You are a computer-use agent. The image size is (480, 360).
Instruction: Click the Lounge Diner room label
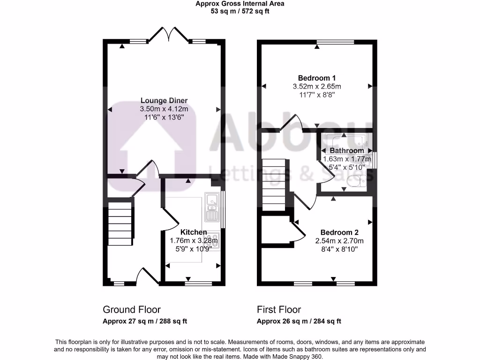tap(164, 100)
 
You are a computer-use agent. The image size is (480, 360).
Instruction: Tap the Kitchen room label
tap(194, 232)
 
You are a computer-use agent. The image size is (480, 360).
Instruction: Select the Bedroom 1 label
tap(317, 78)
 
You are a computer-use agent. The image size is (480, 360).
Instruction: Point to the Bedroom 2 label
tap(339, 232)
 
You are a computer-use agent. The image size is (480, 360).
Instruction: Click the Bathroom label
tap(347, 150)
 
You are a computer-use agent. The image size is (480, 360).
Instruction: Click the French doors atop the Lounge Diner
tap(168, 35)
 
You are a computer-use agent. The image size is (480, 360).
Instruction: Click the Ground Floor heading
tap(132, 310)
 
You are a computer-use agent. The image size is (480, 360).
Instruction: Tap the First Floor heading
tap(279, 310)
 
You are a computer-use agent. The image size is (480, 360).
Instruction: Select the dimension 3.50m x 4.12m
tap(164, 109)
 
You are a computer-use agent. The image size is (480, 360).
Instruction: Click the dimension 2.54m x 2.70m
tap(339, 241)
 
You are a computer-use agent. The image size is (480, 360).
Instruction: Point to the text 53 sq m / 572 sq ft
tap(240, 11)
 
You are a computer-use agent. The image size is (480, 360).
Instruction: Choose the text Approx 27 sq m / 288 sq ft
tap(145, 321)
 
